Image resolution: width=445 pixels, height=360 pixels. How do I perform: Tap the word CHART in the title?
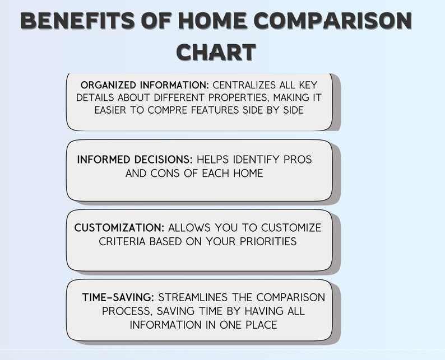pos(216,52)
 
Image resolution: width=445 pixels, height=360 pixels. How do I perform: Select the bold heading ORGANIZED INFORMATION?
pos(145,85)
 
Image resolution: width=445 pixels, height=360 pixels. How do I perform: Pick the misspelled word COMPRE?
pos(166,110)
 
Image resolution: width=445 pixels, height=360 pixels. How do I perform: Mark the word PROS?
pos(297,160)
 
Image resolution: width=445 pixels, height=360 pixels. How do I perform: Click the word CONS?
pos(166,173)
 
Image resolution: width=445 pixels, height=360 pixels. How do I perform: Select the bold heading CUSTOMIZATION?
pos(119,228)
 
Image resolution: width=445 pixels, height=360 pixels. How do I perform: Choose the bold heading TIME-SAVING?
pos(118,297)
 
